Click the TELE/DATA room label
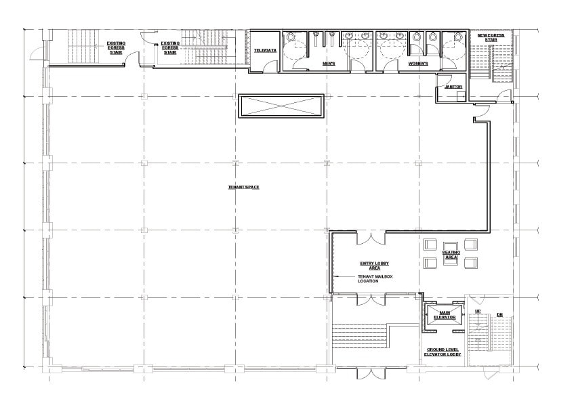click(x=264, y=51)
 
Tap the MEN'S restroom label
click(x=329, y=64)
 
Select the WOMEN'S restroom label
click(x=418, y=64)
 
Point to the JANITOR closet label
click(x=453, y=87)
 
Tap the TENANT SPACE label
click(x=243, y=187)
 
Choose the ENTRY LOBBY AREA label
click(x=374, y=265)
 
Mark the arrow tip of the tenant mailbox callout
click(x=336, y=277)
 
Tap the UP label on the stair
click(x=477, y=311)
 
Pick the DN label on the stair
click(x=499, y=314)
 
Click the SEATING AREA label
click(x=451, y=255)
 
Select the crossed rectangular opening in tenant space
click(x=280, y=106)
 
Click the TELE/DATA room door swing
click(x=270, y=66)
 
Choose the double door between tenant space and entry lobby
click(x=370, y=238)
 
